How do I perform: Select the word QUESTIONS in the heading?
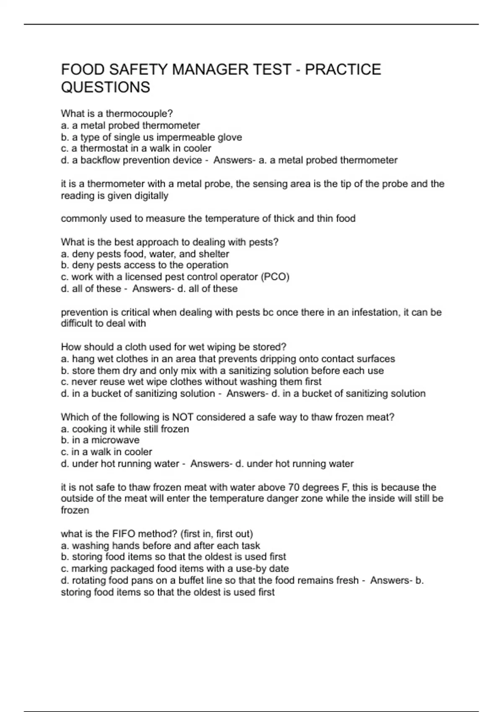tap(105, 87)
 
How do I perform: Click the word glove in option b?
tap(230, 137)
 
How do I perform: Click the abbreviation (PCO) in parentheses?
tap(275, 277)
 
